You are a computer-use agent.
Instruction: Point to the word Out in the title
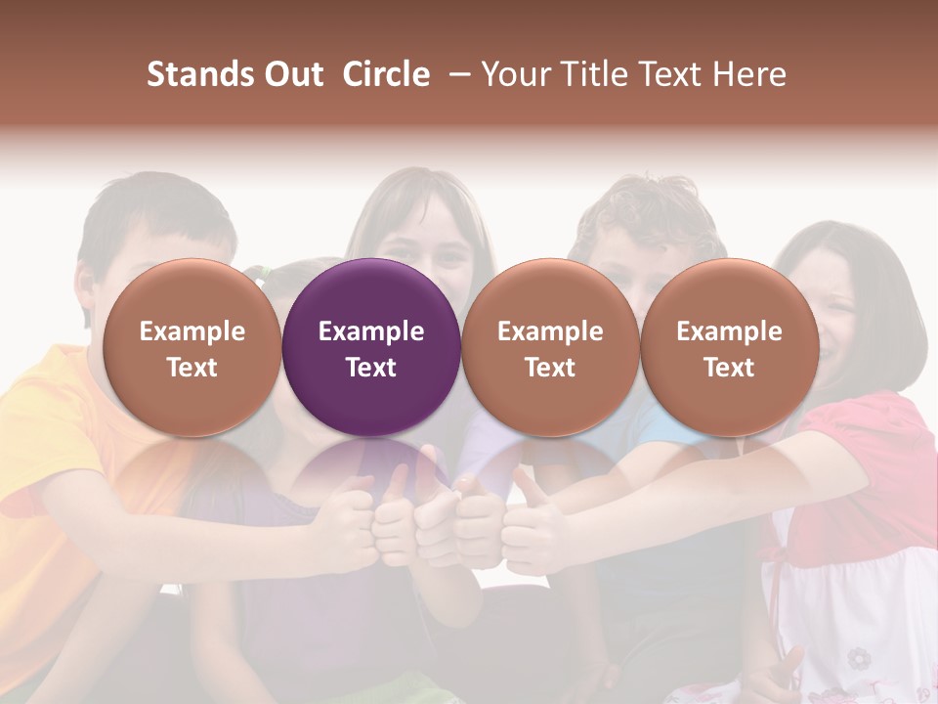(294, 74)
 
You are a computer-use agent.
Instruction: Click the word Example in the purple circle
(371, 331)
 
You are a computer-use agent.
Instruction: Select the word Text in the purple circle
(371, 368)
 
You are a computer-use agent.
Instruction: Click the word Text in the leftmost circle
(192, 368)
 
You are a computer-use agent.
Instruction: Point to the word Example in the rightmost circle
(729, 331)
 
